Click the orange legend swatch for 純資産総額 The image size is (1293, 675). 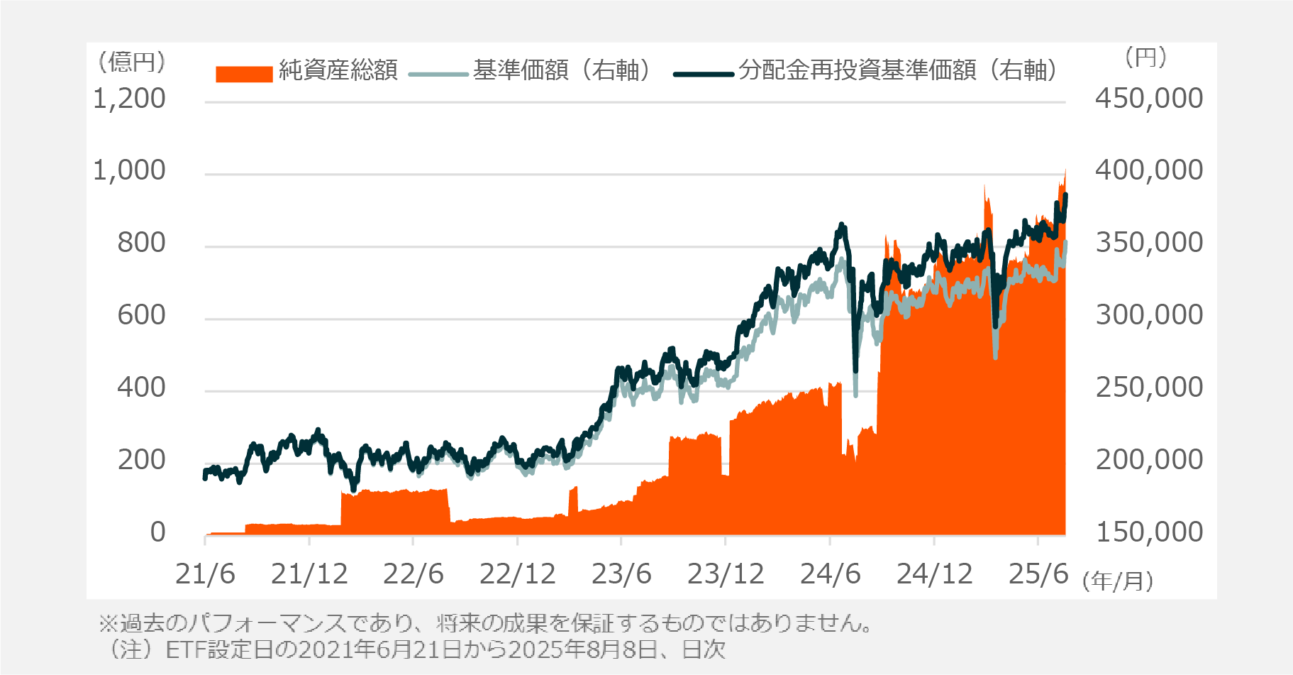click(x=244, y=74)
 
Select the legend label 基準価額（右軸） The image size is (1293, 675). click(x=561, y=70)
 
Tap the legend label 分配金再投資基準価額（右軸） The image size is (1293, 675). click(x=898, y=70)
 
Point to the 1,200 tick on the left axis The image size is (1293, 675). click(x=129, y=99)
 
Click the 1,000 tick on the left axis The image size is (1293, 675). click(x=129, y=170)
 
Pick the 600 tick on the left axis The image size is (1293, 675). click(x=141, y=314)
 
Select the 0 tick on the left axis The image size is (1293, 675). click(x=157, y=532)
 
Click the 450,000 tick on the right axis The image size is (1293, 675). click(x=1148, y=99)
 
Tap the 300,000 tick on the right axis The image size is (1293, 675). click(x=1148, y=314)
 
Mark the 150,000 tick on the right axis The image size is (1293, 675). click(x=1148, y=532)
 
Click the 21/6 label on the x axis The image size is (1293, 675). click(x=205, y=574)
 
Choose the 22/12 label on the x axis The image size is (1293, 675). click(x=517, y=574)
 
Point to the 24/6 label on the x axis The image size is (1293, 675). click(x=830, y=574)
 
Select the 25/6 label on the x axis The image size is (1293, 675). click(x=1038, y=574)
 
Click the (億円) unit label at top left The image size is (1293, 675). click(x=132, y=62)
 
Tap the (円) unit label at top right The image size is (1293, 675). click(x=1145, y=57)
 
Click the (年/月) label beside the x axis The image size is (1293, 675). click(x=1118, y=581)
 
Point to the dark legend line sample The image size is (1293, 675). click(x=703, y=74)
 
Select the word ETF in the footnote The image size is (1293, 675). click(x=183, y=649)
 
